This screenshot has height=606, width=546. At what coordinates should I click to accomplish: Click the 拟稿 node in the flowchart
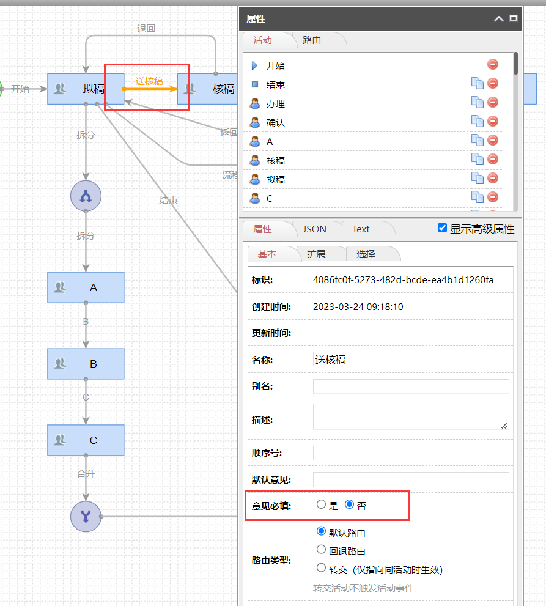(x=86, y=89)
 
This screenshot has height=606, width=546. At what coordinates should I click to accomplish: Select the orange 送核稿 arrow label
(x=149, y=81)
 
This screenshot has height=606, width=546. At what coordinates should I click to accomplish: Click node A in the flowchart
(x=86, y=287)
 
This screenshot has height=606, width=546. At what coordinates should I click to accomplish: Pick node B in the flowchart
(x=86, y=364)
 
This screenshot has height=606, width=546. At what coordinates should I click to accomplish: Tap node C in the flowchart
(x=86, y=440)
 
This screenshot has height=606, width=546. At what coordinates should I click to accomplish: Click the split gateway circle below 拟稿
(x=86, y=196)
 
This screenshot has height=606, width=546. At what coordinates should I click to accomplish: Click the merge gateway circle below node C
(x=86, y=517)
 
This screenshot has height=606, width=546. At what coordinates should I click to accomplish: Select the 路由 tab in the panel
(x=312, y=40)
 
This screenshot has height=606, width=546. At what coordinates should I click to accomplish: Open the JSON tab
(x=314, y=229)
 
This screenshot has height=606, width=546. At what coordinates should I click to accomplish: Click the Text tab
(x=361, y=229)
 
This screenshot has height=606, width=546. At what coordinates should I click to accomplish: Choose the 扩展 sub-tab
(x=316, y=254)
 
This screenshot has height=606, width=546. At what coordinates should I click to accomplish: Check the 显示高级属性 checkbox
(x=443, y=228)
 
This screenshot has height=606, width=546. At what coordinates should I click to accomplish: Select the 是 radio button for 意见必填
(x=321, y=505)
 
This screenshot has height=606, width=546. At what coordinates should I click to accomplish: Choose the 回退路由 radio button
(x=321, y=550)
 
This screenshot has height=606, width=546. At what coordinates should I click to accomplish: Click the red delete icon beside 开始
(x=493, y=64)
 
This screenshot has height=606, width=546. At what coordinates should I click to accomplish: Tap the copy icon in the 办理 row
(x=477, y=103)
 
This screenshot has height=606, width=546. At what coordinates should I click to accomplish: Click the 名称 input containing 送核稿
(x=410, y=360)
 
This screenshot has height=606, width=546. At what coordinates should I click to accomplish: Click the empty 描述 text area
(x=410, y=416)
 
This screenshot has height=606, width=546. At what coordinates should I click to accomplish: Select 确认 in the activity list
(x=276, y=122)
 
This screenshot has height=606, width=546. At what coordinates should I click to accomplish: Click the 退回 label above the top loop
(x=146, y=29)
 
